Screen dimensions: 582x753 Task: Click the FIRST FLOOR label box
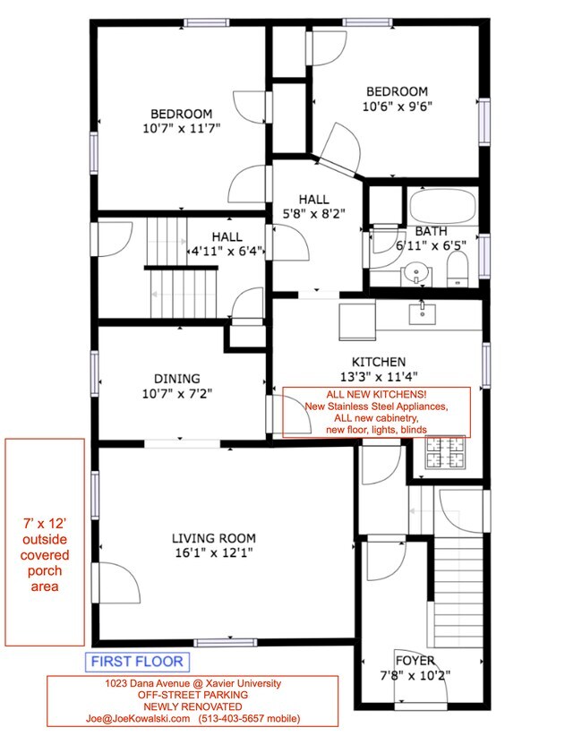click(x=137, y=662)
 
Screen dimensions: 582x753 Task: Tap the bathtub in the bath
click(x=442, y=207)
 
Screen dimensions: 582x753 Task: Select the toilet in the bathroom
click(x=458, y=269)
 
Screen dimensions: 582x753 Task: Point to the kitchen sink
click(x=422, y=313)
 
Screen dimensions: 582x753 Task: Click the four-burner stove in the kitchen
click(x=446, y=452)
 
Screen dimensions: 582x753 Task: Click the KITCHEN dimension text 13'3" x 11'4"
click(x=379, y=376)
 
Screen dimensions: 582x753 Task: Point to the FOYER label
click(x=415, y=661)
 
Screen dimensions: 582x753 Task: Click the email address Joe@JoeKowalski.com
click(x=138, y=718)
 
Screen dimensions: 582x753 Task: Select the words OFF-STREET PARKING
click(x=193, y=695)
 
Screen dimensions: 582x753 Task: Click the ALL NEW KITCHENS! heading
click(x=376, y=394)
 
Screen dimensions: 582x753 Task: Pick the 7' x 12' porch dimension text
click(x=45, y=524)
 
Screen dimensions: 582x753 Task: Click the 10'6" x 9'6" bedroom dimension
click(x=398, y=107)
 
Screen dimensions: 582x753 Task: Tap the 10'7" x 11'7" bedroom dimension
click(x=182, y=128)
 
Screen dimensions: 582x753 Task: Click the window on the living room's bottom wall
click(x=226, y=643)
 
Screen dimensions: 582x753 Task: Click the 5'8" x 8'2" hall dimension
click(x=314, y=214)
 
